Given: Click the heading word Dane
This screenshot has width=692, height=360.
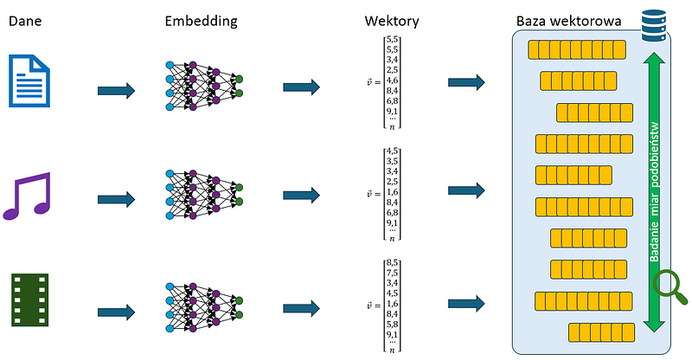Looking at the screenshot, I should tap(25, 20).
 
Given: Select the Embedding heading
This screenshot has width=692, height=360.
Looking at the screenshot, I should tap(201, 20).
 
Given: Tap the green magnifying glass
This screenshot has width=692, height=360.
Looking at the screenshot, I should tap(671, 286).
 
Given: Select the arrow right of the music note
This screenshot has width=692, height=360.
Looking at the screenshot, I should tap(117, 198).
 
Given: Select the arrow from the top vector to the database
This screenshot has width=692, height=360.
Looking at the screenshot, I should tap(466, 82).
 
